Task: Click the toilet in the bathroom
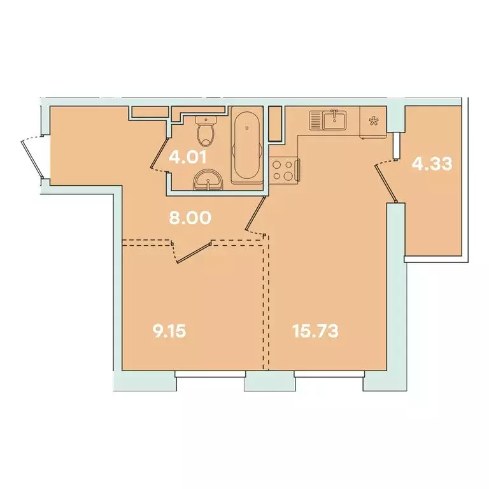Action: pos(206,132)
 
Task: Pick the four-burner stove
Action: pos(283,171)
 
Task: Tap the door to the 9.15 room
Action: pos(194,251)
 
